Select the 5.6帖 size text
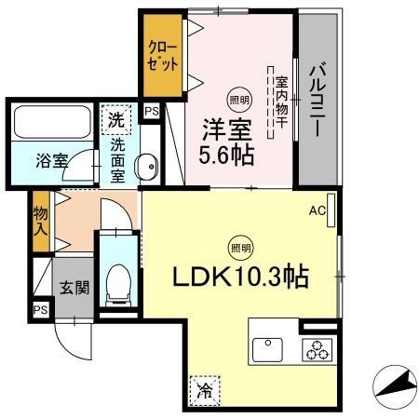point(223,154)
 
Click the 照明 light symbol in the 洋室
point(239,101)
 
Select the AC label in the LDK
point(318,211)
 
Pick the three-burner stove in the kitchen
point(318,351)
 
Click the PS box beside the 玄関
point(40,310)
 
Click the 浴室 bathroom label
point(51,159)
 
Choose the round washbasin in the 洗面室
point(147,169)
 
